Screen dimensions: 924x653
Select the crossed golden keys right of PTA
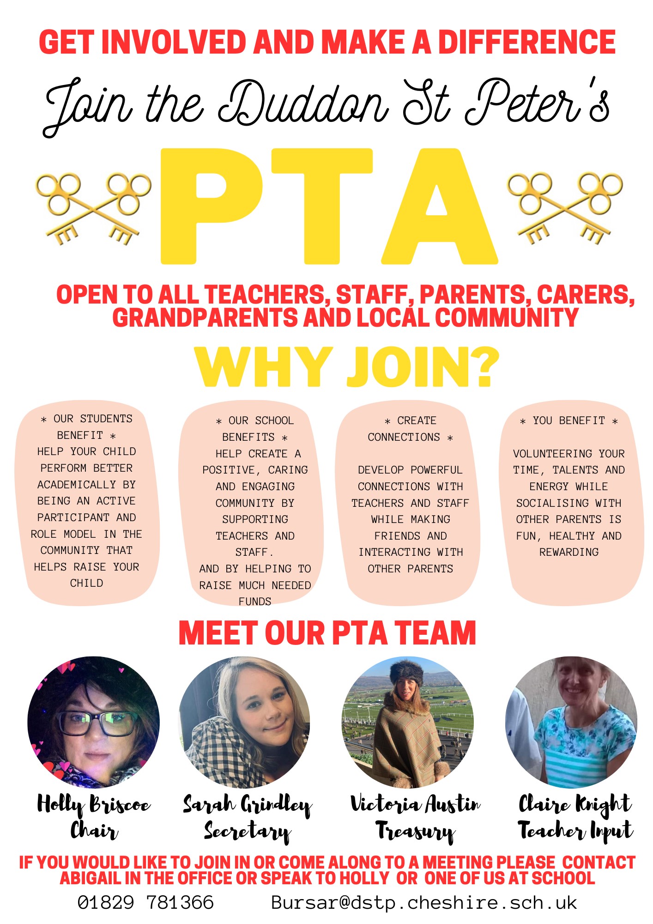[564, 208]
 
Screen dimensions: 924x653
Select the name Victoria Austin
[415, 804]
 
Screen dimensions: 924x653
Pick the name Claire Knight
[575, 804]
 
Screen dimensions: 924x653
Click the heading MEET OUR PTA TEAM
[327, 633]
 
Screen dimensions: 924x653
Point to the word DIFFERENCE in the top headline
[526, 42]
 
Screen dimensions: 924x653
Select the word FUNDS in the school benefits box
[255, 602]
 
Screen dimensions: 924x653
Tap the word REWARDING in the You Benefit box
[569, 552]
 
